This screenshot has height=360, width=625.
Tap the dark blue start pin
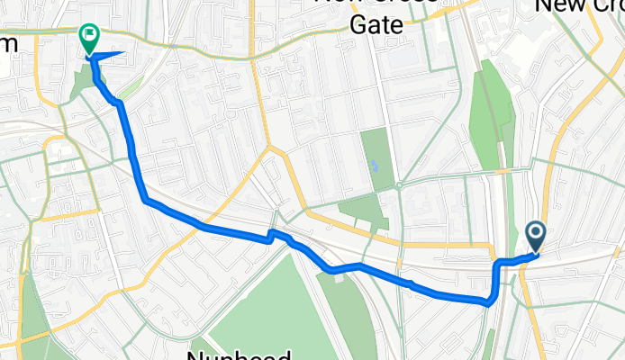[536, 237]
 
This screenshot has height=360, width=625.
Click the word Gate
[376, 24]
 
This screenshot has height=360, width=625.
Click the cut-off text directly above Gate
[376, 3]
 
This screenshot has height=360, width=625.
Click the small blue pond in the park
[374, 166]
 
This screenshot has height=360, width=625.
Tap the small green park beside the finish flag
[80, 81]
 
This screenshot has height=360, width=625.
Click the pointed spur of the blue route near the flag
[122, 55]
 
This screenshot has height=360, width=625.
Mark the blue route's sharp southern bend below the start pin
[490, 302]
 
